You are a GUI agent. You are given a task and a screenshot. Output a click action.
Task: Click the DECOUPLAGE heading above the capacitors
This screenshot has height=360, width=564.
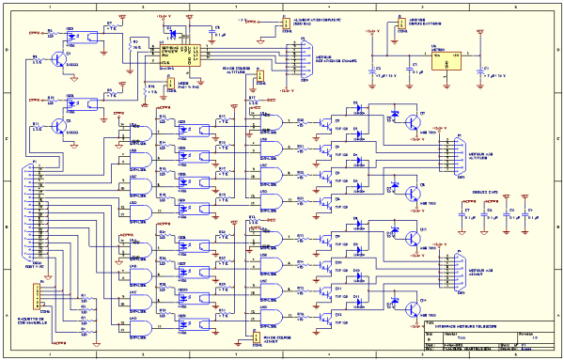tap(481, 190)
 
